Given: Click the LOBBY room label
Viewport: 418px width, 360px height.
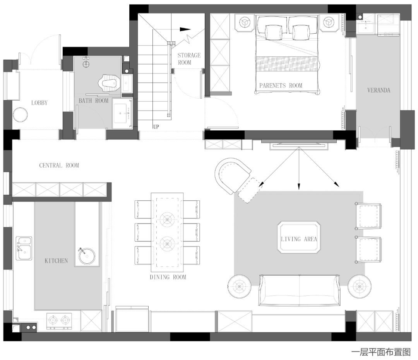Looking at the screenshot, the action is pyautogui.click(x=39, y=103).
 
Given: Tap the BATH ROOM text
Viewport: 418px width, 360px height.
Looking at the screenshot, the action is pyautogui.click(x=93, y=101).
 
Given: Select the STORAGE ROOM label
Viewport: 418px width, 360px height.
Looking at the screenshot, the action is pyautogui.click(x=189, y=59).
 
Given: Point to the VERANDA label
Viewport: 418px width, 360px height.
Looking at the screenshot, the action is pyautogui.click(x=379, y=90).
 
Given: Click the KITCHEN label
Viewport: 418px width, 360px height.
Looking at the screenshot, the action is pyautogui.click(x=56, y=261).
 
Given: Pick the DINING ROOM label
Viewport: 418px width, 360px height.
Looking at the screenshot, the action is pyautogui.click(x=168, y=277).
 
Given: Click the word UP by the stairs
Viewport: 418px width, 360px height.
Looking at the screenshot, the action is pyautogui.click(x=156, y=127).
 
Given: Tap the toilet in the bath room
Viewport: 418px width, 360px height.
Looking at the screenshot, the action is pyautogui.click(x=108, y=82).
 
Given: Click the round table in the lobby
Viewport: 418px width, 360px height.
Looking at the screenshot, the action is pyautogui.click(x=20, y=114).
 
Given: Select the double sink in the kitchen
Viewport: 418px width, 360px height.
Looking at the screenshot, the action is pyautogui.click(x=24, y=248).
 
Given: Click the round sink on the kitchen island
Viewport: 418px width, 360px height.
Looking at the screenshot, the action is pyautogui.click(x=87, y=256).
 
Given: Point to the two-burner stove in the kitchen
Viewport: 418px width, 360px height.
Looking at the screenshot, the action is pyautogui.click(x=59, y=320).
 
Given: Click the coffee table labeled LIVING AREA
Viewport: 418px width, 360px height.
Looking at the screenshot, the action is pyautogui.click(x=299, y=237).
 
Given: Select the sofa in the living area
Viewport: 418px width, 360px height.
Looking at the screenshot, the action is pyautogui.click(x=299, y=290).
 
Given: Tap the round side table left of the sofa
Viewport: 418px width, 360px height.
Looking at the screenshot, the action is pyautogui.click(x=239, y=287).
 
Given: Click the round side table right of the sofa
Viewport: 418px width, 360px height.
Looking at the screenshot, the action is pyautogui.click(x=359, y=287).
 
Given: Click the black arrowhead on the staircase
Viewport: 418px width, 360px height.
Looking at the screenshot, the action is pyautogui.click(x=185, y=29).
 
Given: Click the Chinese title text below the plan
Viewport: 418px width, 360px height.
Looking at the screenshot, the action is pyautogui.click(x=381, y=352).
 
